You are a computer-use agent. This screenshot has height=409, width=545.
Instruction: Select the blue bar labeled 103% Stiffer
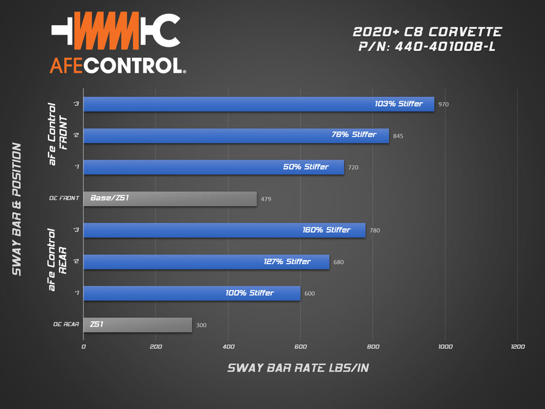coord(259,104)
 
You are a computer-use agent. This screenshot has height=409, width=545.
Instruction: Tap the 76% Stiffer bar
coord(236,136)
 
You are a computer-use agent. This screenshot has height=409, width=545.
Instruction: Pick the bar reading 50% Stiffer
coord(214,167)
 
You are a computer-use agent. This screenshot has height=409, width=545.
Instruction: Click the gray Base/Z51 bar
coord(170,199)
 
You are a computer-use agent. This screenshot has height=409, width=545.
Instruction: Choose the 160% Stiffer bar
coord(224,230)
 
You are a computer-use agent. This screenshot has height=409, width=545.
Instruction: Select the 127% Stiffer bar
coord(206,262)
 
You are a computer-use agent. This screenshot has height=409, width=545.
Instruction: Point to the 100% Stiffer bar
coord(192,293)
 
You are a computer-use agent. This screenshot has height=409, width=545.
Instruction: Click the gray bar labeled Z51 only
coord(138,325)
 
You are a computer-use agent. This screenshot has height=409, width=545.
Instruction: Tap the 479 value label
coord(266,199)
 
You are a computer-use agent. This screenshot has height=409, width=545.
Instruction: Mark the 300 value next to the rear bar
coord(201,325)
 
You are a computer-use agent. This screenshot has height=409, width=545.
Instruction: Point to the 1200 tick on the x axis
coord(517,346)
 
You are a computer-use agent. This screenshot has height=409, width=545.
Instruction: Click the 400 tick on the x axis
coord(228,346)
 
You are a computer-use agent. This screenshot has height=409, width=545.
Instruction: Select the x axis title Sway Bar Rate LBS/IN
coord(298,368)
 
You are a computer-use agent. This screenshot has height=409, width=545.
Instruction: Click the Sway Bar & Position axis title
coord(17,209)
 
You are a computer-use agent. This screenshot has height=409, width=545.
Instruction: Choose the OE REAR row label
coord(65,324)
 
